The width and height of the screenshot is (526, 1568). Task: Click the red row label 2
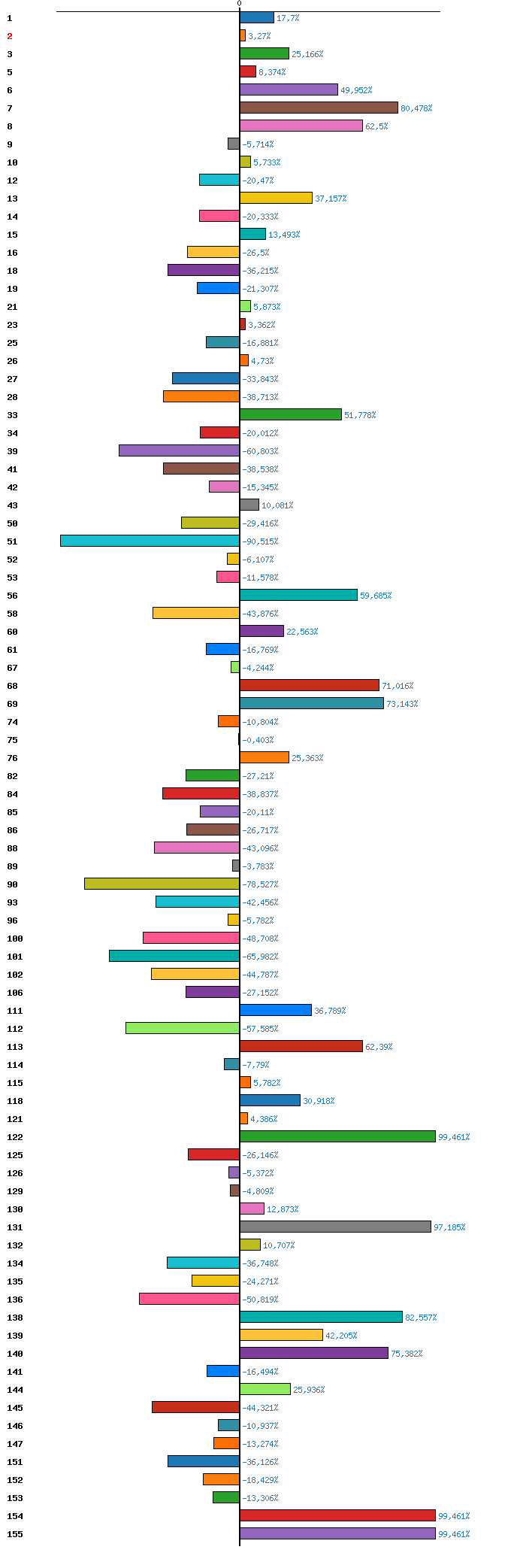[10, 36]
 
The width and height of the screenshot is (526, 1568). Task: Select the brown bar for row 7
[319, 108]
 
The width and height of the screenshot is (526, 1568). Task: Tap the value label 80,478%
[416, 108]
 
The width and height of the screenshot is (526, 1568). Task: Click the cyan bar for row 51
[150, 541]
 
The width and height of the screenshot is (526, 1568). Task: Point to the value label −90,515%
[260, 541]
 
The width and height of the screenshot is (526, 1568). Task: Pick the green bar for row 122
[337, 1136]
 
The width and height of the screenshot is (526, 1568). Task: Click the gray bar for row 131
[335, 1227]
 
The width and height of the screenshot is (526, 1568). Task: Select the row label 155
[15, 1534]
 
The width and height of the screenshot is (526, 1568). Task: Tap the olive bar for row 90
[162, 884]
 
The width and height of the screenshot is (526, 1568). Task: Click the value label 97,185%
[449, 1227]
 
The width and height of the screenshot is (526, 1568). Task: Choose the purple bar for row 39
[180, 450]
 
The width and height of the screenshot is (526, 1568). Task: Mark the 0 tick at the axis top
[240, 4]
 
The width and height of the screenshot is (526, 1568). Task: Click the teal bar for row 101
[174, 956]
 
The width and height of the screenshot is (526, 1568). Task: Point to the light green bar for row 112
[183, 1028]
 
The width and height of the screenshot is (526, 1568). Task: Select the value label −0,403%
[258, 740]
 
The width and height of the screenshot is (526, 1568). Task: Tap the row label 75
[12, 740]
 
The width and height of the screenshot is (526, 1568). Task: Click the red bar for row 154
[337, 1515]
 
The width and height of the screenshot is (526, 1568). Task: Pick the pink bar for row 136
[189, 1299]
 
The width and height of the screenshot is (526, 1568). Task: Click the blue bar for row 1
[257, 17]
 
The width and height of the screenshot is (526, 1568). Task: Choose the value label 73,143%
[402, 704]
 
